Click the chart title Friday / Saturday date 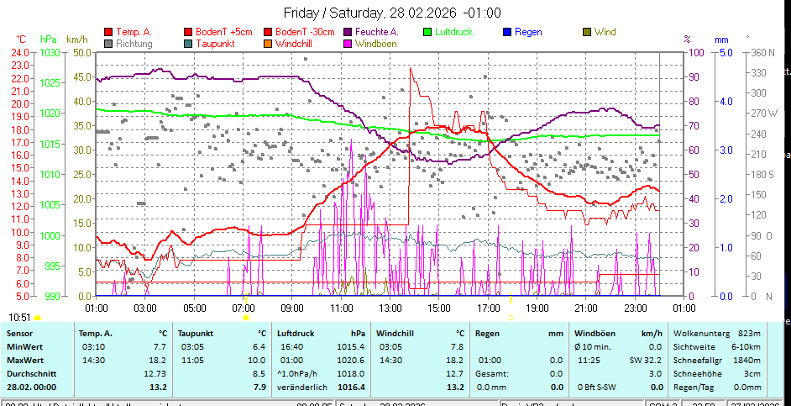point(392,13)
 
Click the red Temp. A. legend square point(107,32)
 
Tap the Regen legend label point(528,32)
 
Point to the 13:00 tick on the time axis point(390,308)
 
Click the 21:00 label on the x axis point(584,308)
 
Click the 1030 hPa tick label point(50,52)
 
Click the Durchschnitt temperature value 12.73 point(155,373)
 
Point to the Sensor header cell point(20,333)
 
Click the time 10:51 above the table point(20,317)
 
